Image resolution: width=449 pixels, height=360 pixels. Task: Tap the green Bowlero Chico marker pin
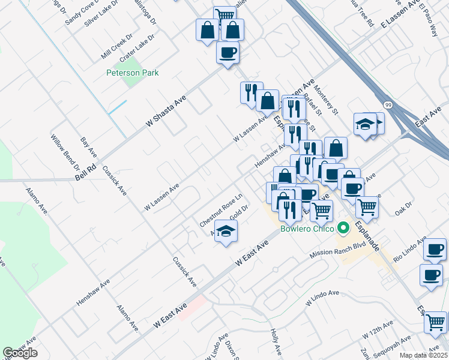343,229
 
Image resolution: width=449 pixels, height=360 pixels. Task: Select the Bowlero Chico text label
306,229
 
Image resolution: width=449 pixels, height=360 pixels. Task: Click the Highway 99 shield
388,105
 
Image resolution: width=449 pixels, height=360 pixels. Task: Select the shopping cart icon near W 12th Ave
436,322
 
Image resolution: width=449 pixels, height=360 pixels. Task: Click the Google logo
20,353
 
